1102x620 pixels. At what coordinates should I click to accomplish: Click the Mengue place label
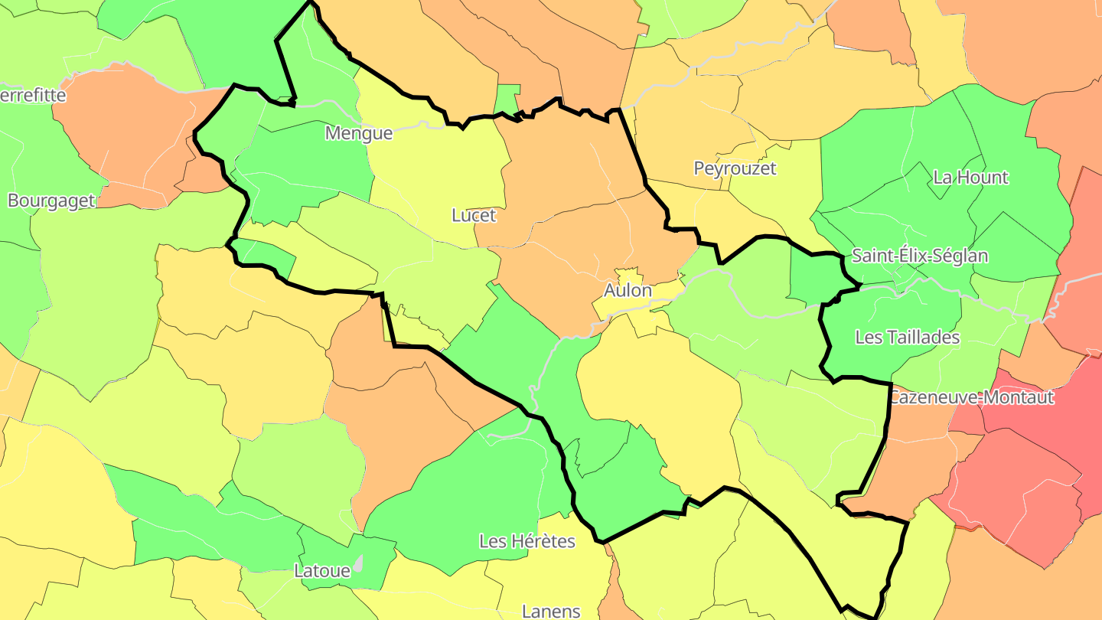pyautogui.click(x=359, y=133)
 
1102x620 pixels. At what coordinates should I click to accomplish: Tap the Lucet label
pyautogui.click(x=474, y=215)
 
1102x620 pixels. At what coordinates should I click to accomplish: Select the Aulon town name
pyautogui.click(x=628, y=291)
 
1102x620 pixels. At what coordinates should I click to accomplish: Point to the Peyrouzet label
pyautogui.click(x=735, y=168)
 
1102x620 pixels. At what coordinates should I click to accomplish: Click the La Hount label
pyautogui.click(x=970, y=178)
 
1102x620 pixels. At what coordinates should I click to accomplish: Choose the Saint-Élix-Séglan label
pyautogui.click(x=920, y=256)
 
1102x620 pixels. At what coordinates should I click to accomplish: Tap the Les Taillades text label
pyautogui.click(x=907, y=337)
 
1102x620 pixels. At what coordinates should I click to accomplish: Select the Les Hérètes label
pyautogui.click(x=527, y=541)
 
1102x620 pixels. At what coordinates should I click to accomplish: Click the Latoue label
pyautogui.click(x=322, y=570)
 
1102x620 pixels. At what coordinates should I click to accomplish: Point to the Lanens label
pyautogui.click(x=551, y=611)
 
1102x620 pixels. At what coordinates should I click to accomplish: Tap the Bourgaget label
pyautogui.click(x=51, y=201)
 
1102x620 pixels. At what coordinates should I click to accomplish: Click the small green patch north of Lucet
pyautogui.click(x=506, y=98)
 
